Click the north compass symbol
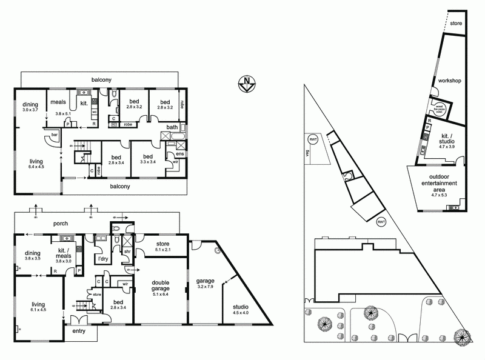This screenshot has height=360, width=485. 247,83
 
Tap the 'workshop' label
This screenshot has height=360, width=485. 450,81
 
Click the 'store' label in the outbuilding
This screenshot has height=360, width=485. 457,24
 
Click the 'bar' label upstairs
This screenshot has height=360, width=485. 54,135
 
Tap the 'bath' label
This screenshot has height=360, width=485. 173,127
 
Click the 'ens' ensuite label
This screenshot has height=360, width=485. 179,154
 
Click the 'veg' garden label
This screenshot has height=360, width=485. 307,155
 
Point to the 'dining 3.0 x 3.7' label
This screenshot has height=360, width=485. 30,107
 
